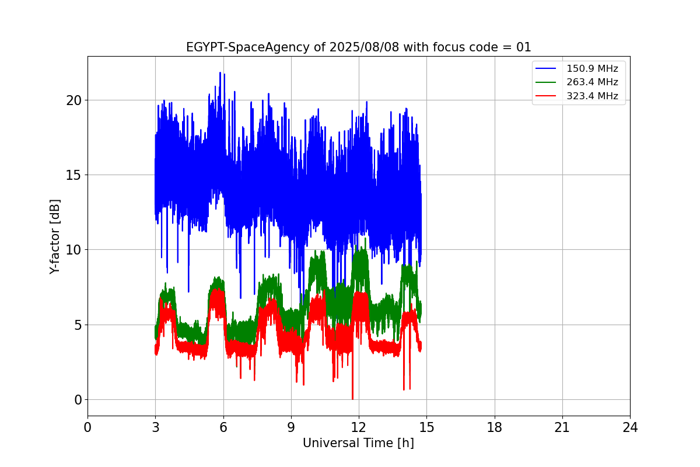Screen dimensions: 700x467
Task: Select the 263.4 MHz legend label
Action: click(x=592, y=82)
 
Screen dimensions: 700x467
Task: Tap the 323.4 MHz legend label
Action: click(x=592, y=96)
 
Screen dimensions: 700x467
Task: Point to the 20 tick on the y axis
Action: click(x=73, y=100)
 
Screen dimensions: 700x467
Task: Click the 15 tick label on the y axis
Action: click(x=73, y=175)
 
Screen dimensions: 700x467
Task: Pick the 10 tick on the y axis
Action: click(x=73, y=250)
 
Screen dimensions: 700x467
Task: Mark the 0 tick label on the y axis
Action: click(x=78, y=400)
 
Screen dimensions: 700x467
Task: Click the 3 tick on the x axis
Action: click(x=156, y=427)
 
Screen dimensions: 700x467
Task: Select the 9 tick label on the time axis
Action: click(x=291, y=427)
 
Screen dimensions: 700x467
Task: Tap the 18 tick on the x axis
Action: click(x=495, y=427)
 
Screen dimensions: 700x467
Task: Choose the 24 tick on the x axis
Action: click(x=630, y=427)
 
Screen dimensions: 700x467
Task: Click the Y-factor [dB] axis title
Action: click(x=54, y=237)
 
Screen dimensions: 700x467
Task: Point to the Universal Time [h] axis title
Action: click(x=358, y=443)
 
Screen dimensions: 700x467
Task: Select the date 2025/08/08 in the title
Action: click(x=365, y=47)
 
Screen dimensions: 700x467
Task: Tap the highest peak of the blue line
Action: click(x=220, y=73)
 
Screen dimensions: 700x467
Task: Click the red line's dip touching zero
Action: click(x=352, y=399)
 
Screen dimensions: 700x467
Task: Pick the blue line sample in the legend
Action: click(x=545, y=68)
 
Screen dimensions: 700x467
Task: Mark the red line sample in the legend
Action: click(x=545, y=96)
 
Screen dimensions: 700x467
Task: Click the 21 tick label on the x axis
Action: click(x=562, y=427)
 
